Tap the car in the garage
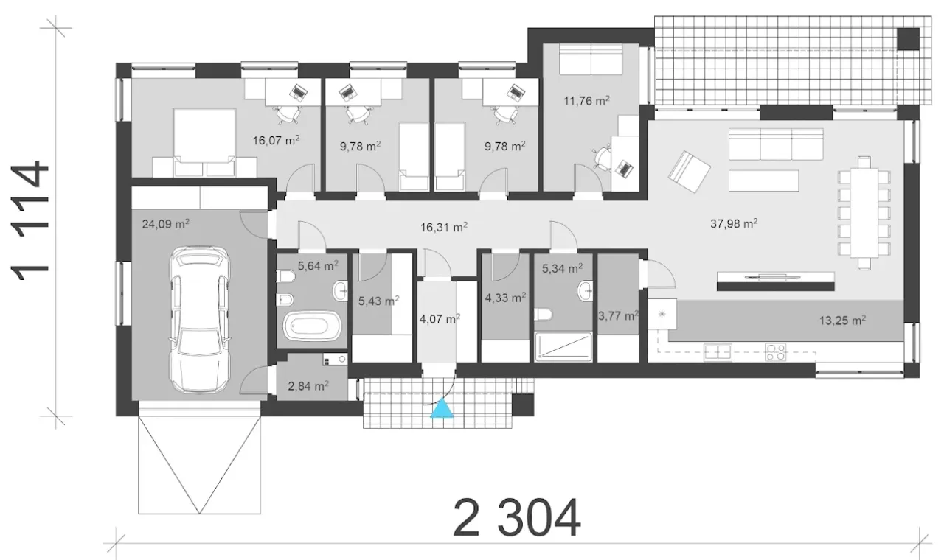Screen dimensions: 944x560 pos(200,320)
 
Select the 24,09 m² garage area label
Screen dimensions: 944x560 pos(166,223)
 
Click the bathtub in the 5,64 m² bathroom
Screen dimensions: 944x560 pos(311,326)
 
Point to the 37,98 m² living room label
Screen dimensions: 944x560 pos(734,223)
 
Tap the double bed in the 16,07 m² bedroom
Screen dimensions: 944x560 pos(204,143)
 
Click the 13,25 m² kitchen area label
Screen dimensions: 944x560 pos(842,321)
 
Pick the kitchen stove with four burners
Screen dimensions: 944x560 pos(776,352)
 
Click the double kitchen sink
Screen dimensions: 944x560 pos(718,352)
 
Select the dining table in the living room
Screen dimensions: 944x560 pos(864,213)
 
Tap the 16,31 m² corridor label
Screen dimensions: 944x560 pos(444,228)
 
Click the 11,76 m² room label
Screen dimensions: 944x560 pos(586,101)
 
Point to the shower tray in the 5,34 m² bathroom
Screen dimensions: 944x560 pos(563,346)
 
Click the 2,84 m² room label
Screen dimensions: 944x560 pos(308,385)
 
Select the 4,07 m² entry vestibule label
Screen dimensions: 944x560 pos(440,319)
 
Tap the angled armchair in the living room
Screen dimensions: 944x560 pos(689,172)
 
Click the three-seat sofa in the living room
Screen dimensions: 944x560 pos(776,144)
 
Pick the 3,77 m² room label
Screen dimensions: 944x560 pos(618,315)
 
